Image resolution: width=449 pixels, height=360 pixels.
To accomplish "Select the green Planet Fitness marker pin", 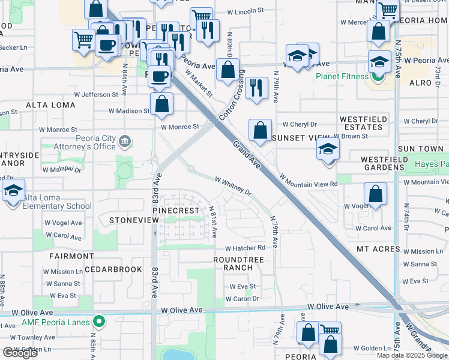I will click(x=378, y=77).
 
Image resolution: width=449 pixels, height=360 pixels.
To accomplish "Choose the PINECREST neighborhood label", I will click(x=175, y=211).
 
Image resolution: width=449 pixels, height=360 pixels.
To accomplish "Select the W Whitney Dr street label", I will click(x=234, y=185).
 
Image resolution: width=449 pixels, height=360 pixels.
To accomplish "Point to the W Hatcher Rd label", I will click(x=245, y=248).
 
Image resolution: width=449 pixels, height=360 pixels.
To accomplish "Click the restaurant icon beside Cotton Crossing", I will click(x=256, y=88).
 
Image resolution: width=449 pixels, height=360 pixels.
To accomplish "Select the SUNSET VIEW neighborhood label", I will click(x=294, y=137).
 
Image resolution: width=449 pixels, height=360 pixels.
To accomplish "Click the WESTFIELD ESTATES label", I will click(x=363, y=124).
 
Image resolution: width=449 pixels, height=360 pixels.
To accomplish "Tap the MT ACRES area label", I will click(x=379, y=248).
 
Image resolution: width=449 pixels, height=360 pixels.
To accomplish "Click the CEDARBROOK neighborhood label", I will click(x=113, y=269).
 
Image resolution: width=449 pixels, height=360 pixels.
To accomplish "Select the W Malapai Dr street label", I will click(x=61, y=170).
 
